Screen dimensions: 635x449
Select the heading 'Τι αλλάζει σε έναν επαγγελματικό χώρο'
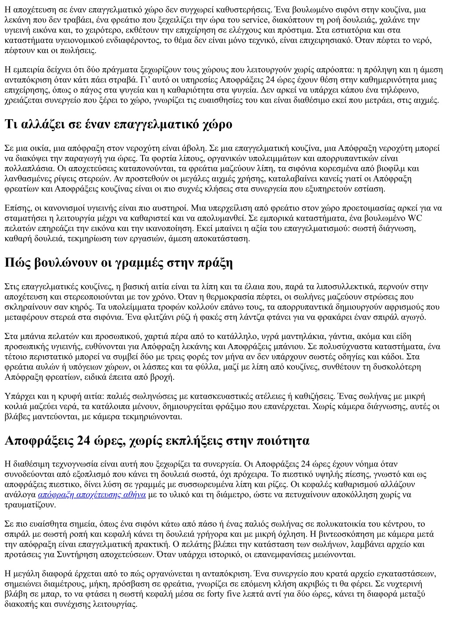tap(118, 125)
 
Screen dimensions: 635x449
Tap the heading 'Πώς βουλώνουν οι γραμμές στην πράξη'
tap(118, 263)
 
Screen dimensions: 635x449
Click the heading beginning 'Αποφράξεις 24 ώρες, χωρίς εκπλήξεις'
tap(157, 440)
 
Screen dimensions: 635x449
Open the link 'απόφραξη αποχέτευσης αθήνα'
tap(92, 495)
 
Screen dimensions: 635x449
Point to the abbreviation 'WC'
tap(415, 218)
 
